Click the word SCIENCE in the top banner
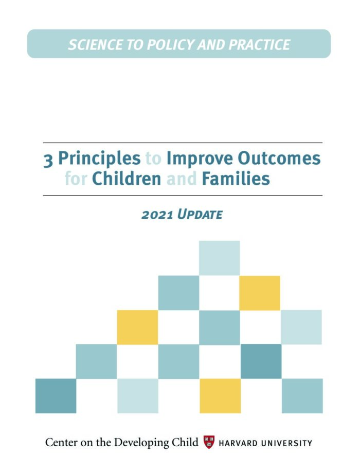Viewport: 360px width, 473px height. [96, 44]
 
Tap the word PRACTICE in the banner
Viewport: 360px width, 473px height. [259, 44]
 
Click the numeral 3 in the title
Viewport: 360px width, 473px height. [48, 160]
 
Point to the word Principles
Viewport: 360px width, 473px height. [99, 159]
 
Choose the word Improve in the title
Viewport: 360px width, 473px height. [200, 159]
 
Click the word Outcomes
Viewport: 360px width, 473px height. [279, 158]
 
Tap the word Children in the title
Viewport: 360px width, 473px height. [127, 178]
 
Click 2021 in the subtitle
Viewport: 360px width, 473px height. [157, 215]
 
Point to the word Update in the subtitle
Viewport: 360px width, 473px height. [200, 214]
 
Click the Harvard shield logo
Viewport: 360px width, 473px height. [209, 442]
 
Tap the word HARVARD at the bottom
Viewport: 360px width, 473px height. [239, 443]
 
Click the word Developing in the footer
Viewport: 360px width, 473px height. [142, 443]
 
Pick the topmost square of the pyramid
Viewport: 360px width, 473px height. [220, 258]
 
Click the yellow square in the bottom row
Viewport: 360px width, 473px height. [220, 396]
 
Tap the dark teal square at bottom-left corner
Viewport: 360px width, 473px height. [56, 396]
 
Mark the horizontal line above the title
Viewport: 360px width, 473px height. [183, 143]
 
